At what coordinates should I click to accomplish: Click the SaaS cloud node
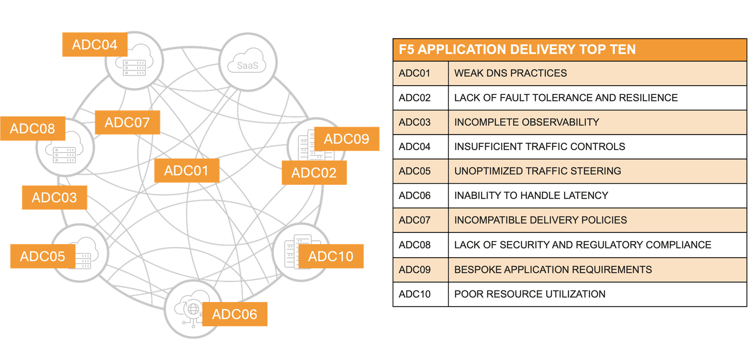[x=248, y=62]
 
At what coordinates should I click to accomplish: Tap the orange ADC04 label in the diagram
[x=94, y=45]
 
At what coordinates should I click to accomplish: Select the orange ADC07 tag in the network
[x=127, y=122]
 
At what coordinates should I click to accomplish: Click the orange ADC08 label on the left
[x=32, y=129]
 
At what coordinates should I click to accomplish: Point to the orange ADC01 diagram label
[x=186, y=171]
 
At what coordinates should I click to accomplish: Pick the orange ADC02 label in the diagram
[x=314, y=173]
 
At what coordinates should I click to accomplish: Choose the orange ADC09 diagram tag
[x=346, y=139]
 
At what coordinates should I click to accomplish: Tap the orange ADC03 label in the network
[x=54, y=197]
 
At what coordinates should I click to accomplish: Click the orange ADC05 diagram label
[x=43, y=256]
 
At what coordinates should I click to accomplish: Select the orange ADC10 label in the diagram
[x=331, y=256]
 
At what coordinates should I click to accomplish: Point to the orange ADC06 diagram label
[x=235, y=314]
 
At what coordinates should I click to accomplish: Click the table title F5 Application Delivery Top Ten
[x=517, y=50]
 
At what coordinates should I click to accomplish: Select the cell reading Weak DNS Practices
[x=511, y=73]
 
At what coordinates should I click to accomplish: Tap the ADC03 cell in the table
[x=415, y=122]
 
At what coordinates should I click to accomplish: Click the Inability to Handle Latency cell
[x=531, y=195]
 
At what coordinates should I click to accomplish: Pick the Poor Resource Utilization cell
[x=530, y=294]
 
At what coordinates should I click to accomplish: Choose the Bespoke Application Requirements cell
[x=553, y=270]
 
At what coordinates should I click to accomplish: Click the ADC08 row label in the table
[x=415, y=245]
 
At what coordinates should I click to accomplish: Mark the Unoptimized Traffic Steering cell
[x=538, y=171]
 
